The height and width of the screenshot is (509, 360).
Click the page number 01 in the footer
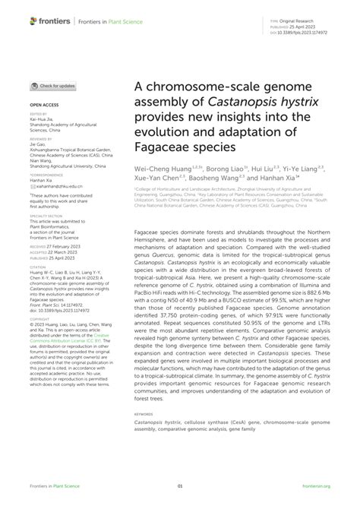(180, 485)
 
